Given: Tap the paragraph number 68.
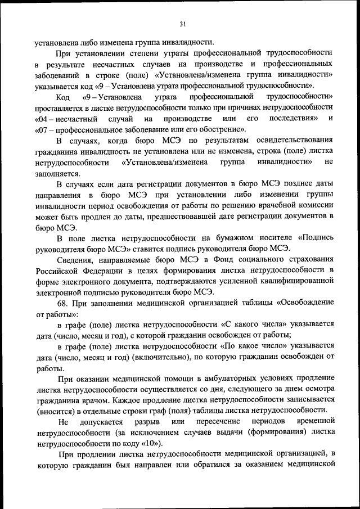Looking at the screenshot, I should click(x=63, y=304).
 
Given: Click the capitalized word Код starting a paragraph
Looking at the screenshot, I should click(x=63, y=97).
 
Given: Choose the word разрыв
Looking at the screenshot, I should click(x=147, y=421).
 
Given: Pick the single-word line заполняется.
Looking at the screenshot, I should click(x=57, y=173).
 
